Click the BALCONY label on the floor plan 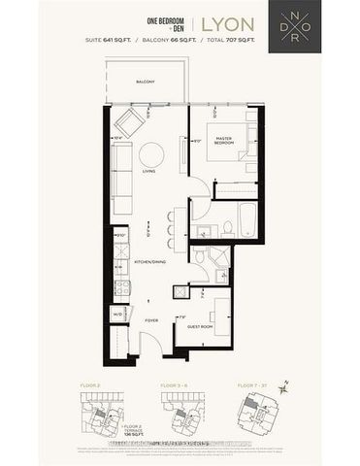(146, 82)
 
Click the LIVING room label (148, 172)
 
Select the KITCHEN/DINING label (150, 262)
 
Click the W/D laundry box (117, 314)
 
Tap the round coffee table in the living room (151, 154)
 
